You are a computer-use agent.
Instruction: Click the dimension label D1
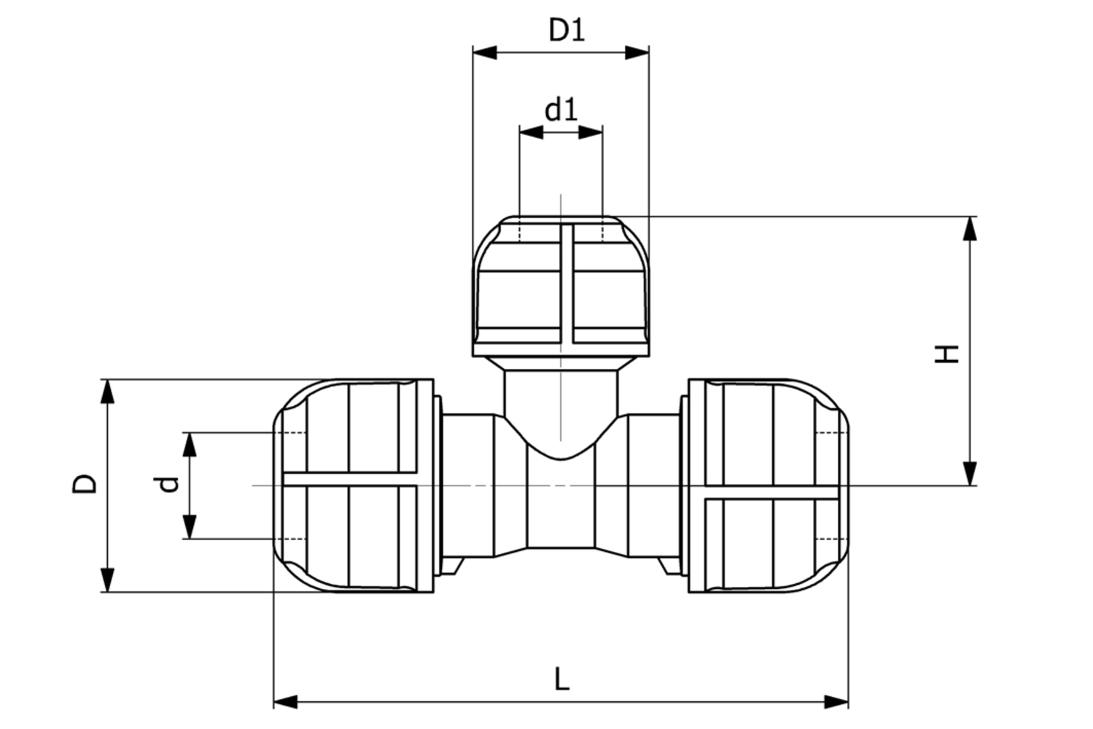coord(567,30)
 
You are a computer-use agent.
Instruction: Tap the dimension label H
coord(947,353)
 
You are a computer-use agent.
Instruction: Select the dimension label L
coord(561,679)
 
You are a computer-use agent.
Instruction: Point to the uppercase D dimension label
coord(85,484)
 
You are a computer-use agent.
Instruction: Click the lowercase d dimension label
coord(168,484)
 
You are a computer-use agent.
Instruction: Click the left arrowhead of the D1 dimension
coord(485,52)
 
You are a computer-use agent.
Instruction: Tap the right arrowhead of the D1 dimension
coord(637,52)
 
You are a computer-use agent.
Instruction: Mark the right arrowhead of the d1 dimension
coord(591,132)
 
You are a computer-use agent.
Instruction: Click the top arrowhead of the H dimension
coord(970,228)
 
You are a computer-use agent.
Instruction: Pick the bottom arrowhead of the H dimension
coord(970,473)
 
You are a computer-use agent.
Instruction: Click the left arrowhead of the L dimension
coord(286,702)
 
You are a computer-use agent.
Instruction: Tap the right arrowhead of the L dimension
coord(836,702)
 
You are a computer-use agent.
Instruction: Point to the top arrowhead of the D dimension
coord(108,391)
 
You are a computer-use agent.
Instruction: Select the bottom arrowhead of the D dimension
coord(108,580)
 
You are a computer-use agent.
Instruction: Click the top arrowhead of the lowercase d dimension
coord(190,444)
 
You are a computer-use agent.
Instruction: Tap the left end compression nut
coord(354,485)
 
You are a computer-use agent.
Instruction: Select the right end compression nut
coord(769,485)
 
